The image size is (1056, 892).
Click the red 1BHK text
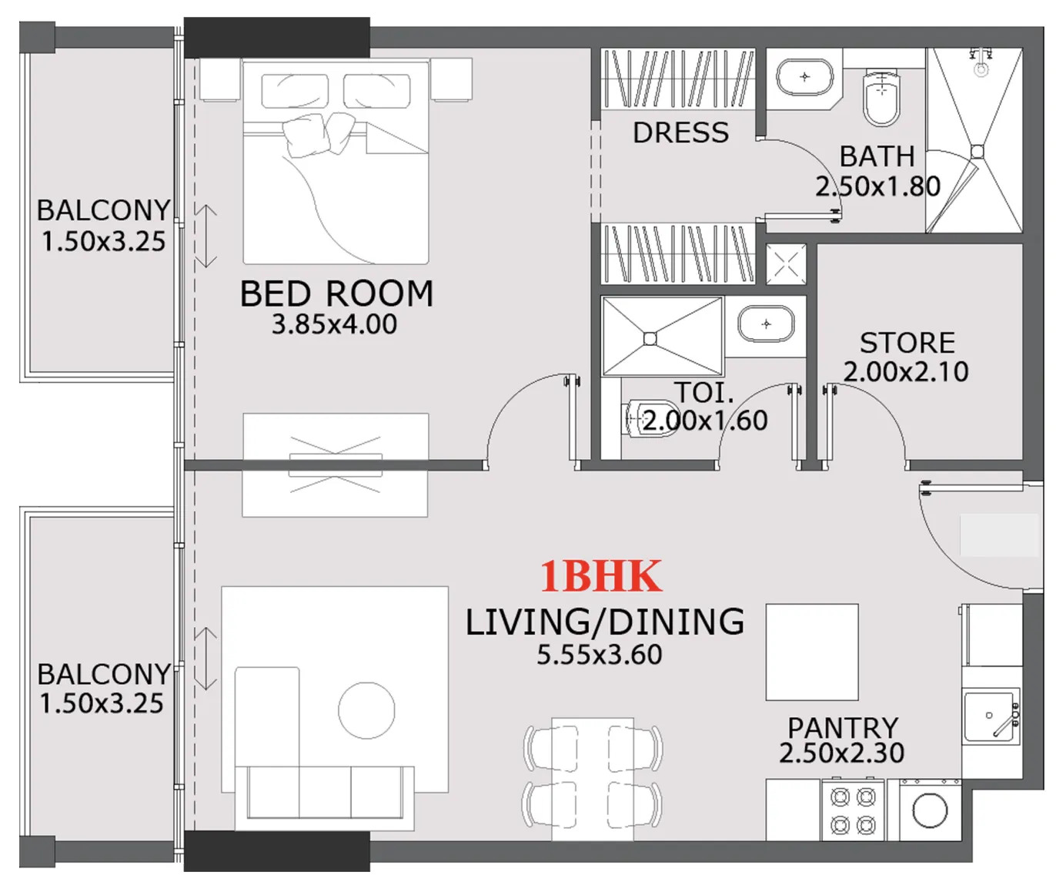(600, 576)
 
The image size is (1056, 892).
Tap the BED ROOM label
(336, 294)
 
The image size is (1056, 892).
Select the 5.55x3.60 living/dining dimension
(599, 655)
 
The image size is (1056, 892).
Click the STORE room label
(907, 343)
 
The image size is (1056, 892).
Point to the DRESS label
(680, 133)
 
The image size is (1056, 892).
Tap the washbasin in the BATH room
(805, 77)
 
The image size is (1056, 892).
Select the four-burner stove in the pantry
(854, 811)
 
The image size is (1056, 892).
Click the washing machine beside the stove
(930, 811)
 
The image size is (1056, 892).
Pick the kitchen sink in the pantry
(990, 717)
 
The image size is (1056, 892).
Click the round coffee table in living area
(366, 710)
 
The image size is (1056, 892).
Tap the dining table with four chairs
(593, 778)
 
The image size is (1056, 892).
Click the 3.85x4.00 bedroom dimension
(334, 324)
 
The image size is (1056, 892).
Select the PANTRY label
(842, 727)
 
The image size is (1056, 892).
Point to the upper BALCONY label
(103, 210)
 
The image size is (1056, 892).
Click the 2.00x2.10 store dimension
(906, 372)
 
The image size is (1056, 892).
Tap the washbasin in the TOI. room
(766, 324)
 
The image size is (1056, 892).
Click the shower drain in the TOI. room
(650, 338)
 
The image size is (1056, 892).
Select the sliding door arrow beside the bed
(206, 236)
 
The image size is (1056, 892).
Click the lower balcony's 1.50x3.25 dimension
(102, 703)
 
